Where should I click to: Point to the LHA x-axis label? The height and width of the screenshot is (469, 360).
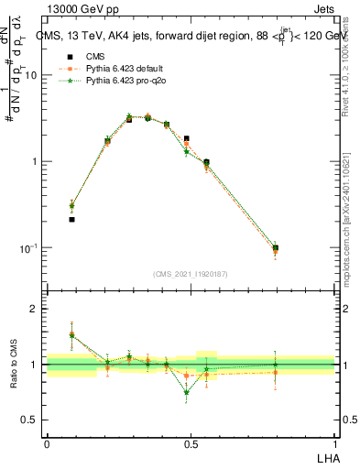[325, 456]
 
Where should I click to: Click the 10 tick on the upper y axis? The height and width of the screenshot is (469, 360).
[31, 75]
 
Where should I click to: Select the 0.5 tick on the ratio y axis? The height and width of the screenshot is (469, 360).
[32, 420]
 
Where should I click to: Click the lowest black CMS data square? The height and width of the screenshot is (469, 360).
[71, 220]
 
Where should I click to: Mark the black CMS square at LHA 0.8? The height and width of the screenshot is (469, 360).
[276, 247]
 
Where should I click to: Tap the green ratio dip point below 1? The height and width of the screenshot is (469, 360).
[187, 392]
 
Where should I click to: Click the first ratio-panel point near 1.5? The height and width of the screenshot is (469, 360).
[71, 335]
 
